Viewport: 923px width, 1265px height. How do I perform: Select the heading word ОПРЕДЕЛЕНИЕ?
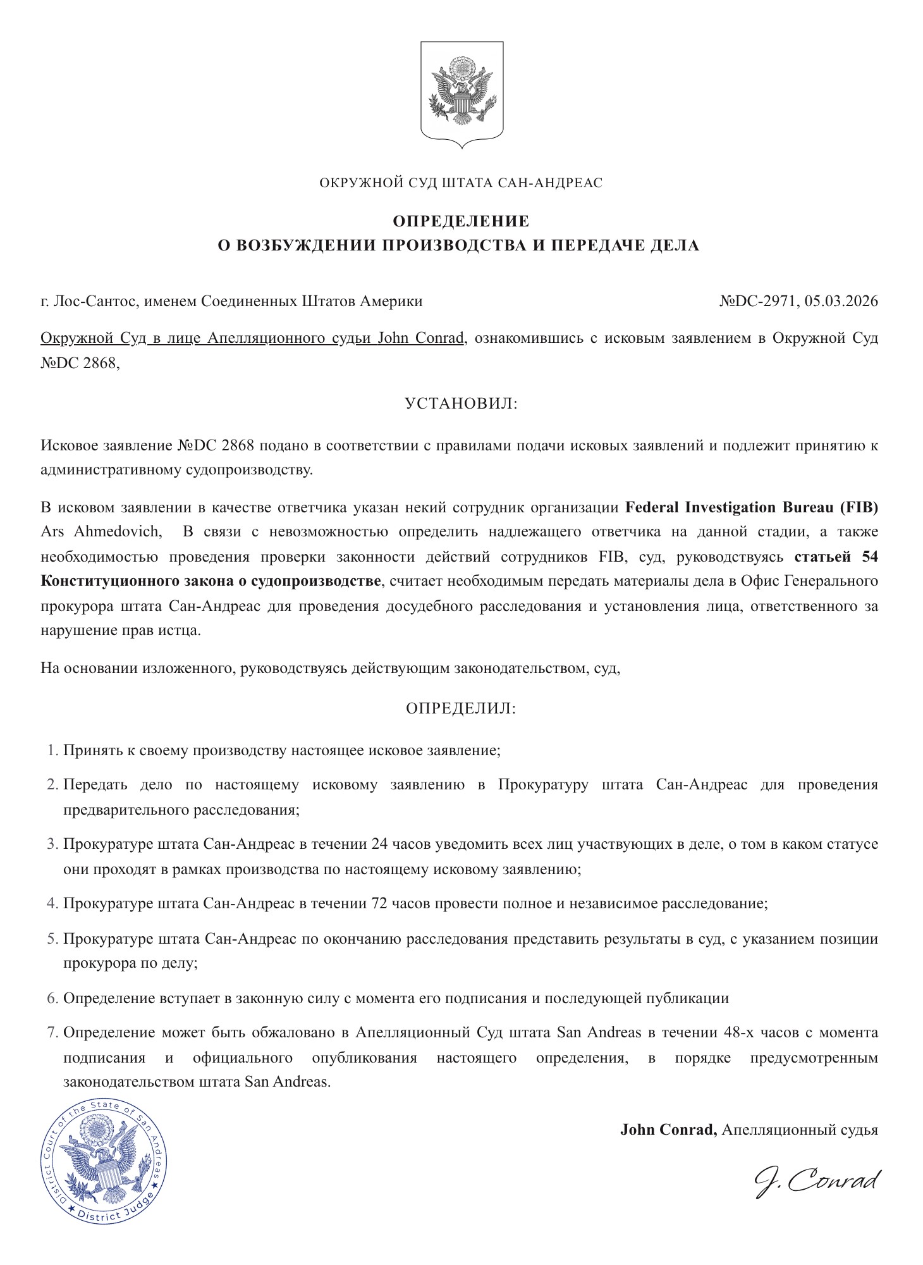pos(461,221)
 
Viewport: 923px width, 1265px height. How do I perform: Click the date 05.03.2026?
pos(841,302)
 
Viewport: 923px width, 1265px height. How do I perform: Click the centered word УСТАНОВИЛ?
pos(461,404)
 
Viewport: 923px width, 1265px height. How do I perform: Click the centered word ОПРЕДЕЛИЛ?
pos(461,708)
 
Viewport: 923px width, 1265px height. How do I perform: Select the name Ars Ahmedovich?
pos(101,531)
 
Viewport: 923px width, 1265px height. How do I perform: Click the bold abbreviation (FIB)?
pos(858,507)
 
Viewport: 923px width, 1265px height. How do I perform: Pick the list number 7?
pos(52,1033)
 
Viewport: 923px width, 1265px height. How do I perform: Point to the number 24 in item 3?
pos(377,844)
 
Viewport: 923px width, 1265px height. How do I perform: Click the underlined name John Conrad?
pos(421,338)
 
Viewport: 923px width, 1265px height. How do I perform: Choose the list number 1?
pos(52,751)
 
